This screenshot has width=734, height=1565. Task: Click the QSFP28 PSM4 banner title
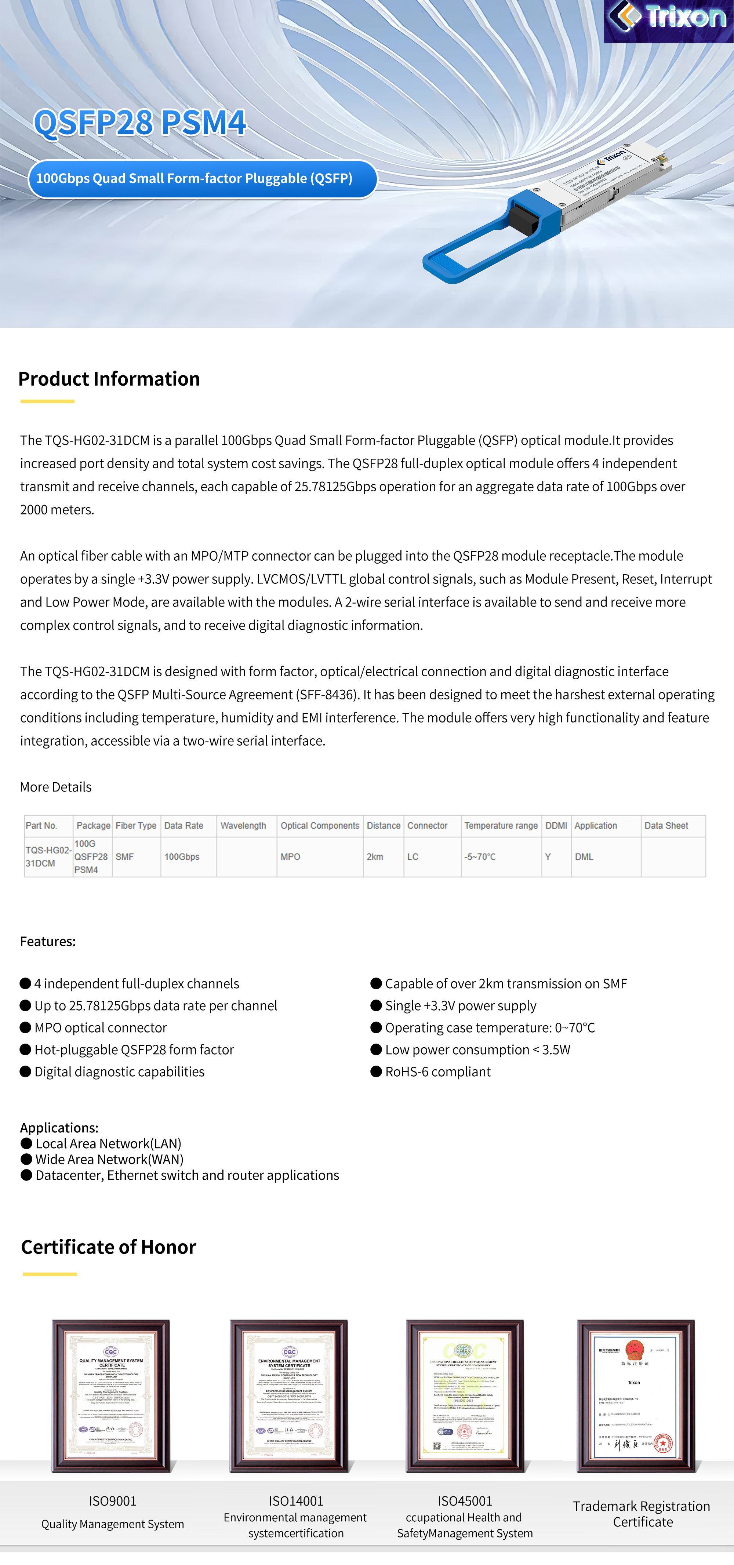point(140,122)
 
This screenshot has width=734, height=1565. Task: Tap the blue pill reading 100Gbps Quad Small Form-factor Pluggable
point(202,179)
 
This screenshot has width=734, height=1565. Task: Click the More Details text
point(56,787)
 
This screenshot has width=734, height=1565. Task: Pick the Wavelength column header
point(243,826)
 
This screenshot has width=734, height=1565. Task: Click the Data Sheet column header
point(666,826)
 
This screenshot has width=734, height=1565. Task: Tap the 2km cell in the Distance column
point(375,856)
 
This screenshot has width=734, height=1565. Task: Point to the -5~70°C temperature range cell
point(480,856)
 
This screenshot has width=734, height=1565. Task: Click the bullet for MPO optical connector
point(26,1027)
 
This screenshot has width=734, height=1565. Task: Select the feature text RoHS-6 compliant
point(437,1072)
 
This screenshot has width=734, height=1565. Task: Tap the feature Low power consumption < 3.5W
point(477,1050)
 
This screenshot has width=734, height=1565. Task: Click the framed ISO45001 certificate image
point(465,1395)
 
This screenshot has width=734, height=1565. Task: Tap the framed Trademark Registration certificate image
point(636,1395)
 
